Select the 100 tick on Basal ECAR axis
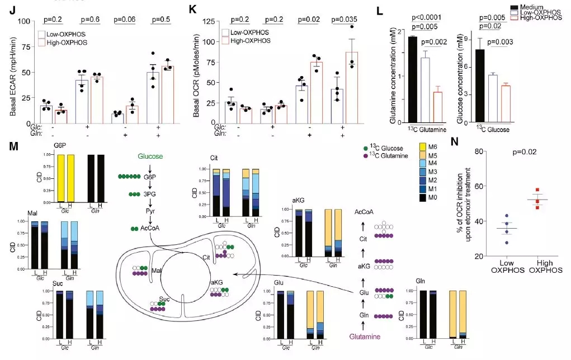(x=25, y=21)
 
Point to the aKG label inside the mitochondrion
(x=216, y=283)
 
